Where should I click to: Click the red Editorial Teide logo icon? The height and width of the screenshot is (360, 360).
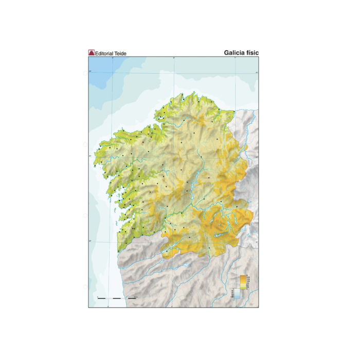92,52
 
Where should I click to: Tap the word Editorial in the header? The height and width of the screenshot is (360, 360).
104,53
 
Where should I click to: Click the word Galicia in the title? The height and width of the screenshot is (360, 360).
235,52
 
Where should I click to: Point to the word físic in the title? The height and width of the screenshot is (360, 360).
253,52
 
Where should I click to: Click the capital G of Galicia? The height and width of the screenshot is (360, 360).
226,52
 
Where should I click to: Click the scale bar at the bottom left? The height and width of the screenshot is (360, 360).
117,298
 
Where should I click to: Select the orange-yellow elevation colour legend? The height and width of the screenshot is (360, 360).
243,282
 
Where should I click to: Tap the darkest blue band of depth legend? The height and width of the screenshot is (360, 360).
237,299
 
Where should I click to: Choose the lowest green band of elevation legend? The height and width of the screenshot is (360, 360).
243,288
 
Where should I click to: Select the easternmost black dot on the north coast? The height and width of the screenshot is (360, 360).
234,112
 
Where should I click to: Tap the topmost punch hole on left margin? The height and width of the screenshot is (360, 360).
85,74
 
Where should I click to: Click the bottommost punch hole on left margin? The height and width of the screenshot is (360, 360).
85,286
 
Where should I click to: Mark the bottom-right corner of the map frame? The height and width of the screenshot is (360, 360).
259,308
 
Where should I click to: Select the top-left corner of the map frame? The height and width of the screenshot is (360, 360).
88,57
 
